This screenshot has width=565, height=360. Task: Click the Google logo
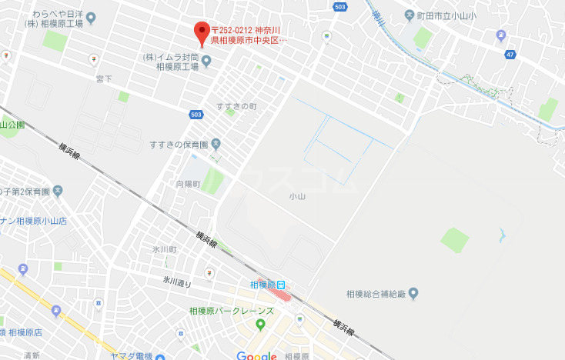tap(256, 355)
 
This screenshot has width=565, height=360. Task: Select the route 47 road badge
tap(510, 55)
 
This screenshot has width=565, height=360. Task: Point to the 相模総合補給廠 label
tap(375, 293)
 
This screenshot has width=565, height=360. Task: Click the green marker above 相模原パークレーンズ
tap(260, 324)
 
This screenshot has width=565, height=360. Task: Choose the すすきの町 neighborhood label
tap(236, 106)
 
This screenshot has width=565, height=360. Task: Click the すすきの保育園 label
tap(179, 144)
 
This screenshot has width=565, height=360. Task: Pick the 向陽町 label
tap(188, 184)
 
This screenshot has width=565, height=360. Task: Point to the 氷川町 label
tap(164, 250)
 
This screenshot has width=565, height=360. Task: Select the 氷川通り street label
tap(176, 282)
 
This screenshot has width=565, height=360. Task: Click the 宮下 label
tap(104, 78)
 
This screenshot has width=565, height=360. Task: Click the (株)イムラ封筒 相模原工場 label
tap(171, 62)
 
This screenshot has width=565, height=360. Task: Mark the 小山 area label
tap(297, 196)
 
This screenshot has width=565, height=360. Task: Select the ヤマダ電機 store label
tap(132, 355)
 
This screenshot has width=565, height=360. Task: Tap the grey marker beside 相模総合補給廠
tap(413, 293)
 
